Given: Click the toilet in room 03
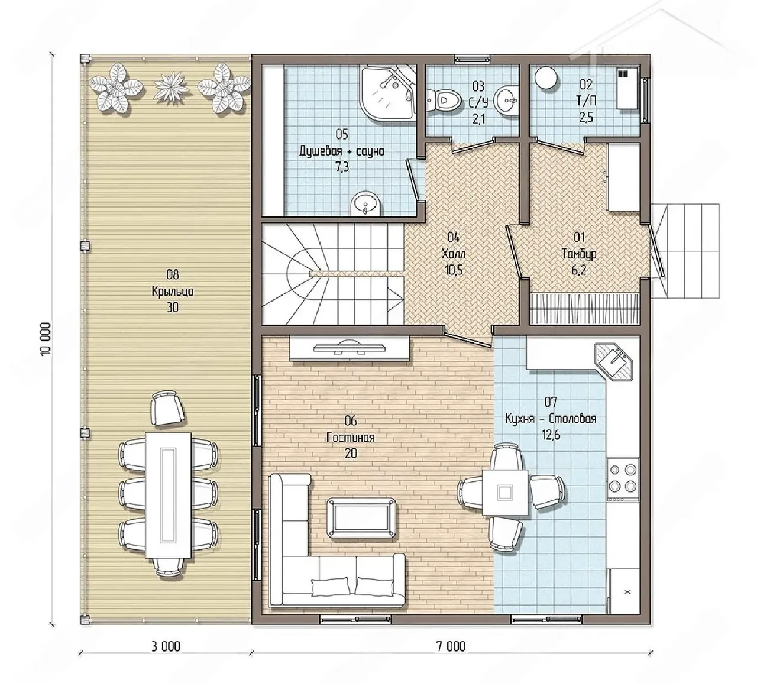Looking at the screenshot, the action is point(445,101).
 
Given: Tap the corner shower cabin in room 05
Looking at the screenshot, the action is point(387,92).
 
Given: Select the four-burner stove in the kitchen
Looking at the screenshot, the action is point(623,480).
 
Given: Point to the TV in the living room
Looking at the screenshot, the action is point(350,348).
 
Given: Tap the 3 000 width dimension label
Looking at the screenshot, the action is point(166,646).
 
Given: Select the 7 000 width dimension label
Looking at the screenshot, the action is point(451,646).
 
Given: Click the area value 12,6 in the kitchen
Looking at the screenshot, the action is point(551,435).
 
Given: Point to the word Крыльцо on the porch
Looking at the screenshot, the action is point(173,292).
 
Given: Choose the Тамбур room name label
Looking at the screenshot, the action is point(579,254).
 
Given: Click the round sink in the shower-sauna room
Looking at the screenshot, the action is point(365,204).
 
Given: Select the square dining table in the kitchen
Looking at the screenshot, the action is point(505,493).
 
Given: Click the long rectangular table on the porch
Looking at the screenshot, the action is point(169,496).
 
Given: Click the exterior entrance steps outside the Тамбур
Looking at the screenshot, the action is point(685,251).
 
